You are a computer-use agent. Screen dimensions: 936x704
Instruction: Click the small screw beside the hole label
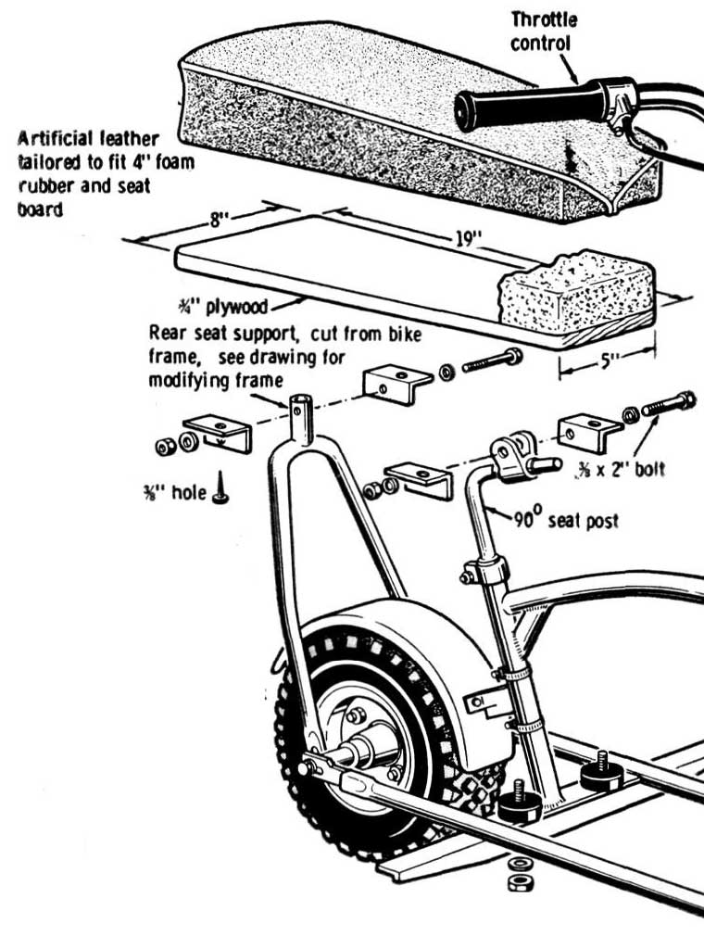coord(220,490)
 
